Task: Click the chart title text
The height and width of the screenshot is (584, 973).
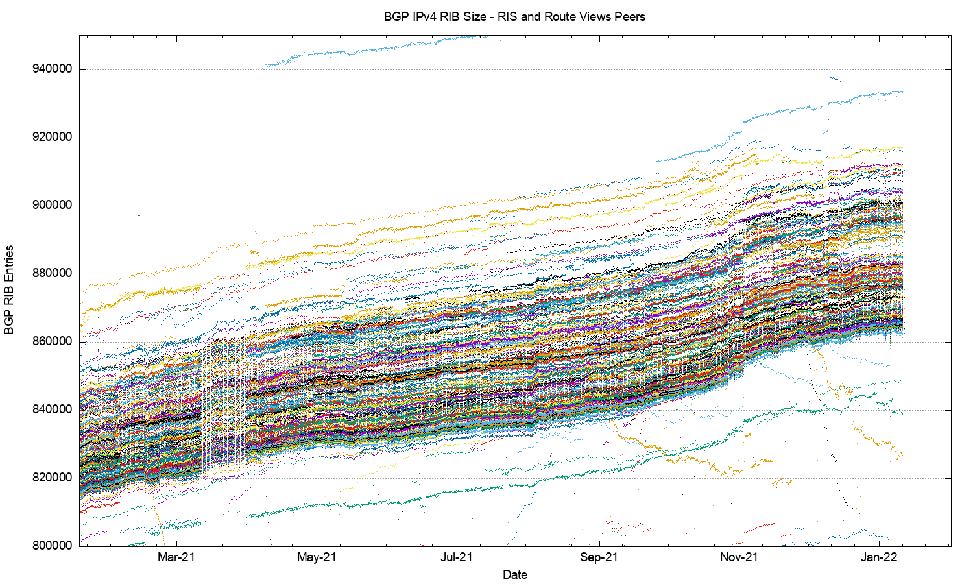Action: tap(514, 17)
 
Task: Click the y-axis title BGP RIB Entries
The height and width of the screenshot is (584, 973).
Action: tap(9, 290)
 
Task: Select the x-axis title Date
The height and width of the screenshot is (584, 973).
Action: tap(515, 574)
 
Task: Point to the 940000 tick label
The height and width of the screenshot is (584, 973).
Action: tap(52, 69)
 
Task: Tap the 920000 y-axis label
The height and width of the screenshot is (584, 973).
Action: tap(52, 138)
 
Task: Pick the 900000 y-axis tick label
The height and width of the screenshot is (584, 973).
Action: tap(52, 206)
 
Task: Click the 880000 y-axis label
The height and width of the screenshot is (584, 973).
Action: tap(52, 274)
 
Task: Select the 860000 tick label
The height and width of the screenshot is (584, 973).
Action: tap(52, 342)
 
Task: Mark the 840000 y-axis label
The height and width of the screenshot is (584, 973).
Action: tap(52, 410)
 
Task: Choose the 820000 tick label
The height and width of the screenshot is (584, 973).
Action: tap(52, 478)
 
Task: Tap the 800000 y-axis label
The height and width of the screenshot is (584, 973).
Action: tap(52, 546)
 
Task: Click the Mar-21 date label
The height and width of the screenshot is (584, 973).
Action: tap(176, 557)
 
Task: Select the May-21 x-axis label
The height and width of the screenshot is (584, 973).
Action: tap(317, 557)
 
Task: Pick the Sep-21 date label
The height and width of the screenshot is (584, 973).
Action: tap(599, 557)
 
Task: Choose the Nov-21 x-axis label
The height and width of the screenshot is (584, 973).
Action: tap(739, 557)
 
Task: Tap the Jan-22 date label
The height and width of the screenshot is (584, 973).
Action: tap(880, 557)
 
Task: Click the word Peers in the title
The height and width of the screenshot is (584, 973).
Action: tap(631, 17)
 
